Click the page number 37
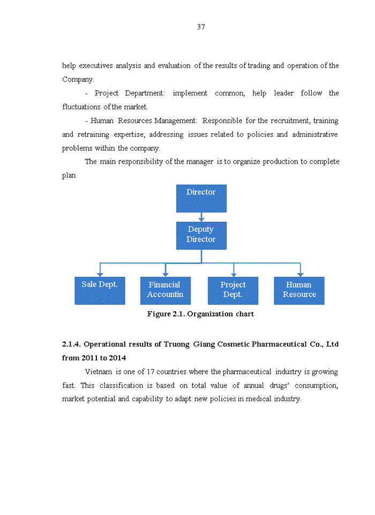tap(201, 27)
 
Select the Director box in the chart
tap(201, 198)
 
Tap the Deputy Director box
tap(201, 235)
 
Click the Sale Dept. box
tap(100, 290)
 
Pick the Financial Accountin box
tap(165, 290)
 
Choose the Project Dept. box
tap(232, 290)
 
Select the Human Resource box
tap(299, 290)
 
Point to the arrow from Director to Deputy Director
tap(201, 217)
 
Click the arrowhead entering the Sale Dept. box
tap(100, 274)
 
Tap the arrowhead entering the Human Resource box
tap(300, 274)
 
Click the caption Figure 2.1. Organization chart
tap(200, 314)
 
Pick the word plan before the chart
tap(69, 175)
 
